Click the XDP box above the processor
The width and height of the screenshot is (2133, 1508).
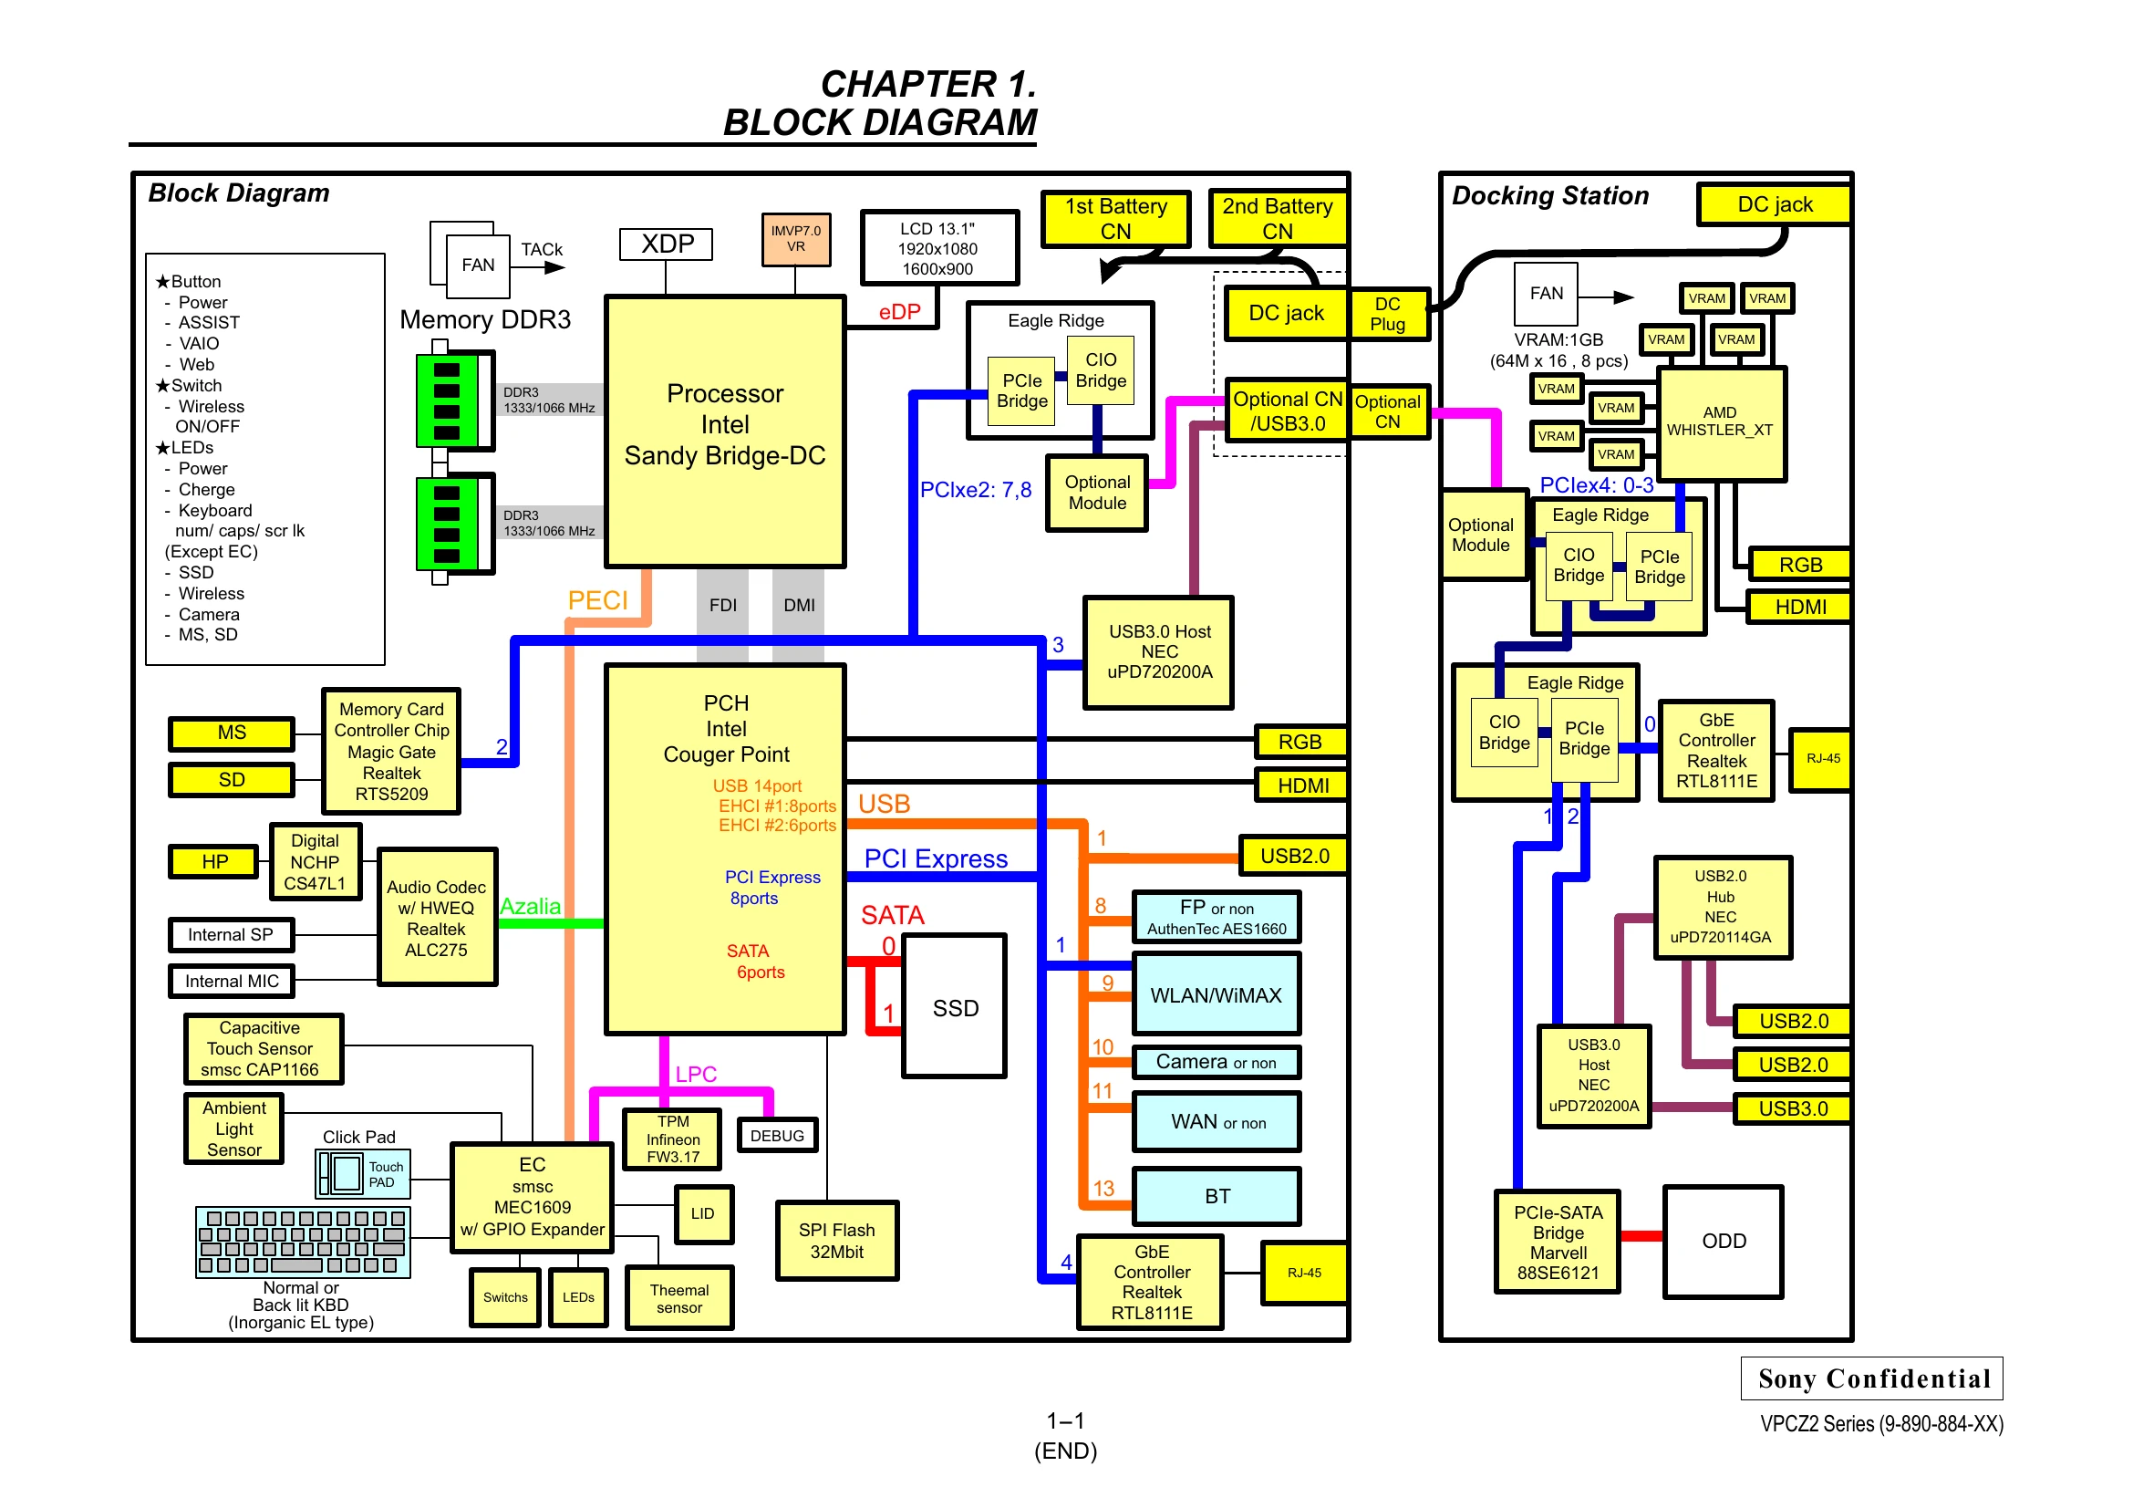665,244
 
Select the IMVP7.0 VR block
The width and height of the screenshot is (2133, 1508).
795,239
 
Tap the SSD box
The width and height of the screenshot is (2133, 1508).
955,1007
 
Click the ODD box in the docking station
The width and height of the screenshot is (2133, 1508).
1724,1242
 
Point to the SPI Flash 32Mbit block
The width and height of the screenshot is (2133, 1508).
837,1242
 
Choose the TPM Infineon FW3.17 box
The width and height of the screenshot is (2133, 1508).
673,1139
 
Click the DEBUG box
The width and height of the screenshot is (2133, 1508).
778,1136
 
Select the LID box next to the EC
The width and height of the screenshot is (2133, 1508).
703,1213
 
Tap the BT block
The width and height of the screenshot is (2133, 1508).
1217,1196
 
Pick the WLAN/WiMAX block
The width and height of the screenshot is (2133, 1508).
1217,994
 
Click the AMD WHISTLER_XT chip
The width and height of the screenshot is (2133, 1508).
1722,423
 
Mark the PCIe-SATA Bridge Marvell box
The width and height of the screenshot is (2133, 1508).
1558,1242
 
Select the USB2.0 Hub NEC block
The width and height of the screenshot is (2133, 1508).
1723,907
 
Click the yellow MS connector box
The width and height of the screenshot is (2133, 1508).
232,733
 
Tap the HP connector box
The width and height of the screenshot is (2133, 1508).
214,861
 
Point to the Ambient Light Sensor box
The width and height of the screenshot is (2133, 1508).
234,1128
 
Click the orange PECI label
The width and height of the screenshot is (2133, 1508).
598,600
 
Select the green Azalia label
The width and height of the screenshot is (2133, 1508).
531,906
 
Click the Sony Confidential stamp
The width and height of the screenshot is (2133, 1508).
1872,1378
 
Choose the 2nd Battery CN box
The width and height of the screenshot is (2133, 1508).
1279,218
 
